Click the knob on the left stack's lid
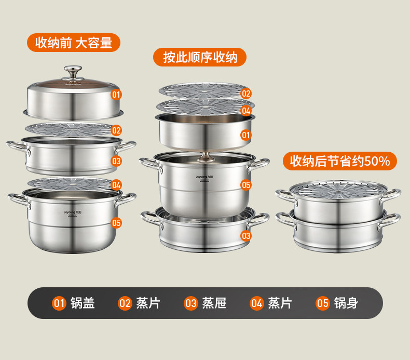coord(73,72)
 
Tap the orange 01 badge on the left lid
coord(116,95)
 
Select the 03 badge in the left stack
coord(116,161)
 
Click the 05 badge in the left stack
coord(116,223)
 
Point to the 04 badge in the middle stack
coord(246,111)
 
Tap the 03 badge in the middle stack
coord(246,236)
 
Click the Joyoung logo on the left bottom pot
coord(73,212)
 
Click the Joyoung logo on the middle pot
coord(204,177)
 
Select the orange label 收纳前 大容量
coord(74,43)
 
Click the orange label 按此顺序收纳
coord(200,57)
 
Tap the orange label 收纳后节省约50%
coord(339,161)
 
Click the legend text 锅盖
coord(83,303)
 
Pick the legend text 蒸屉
coord(214,303)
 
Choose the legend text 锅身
coord(346,303)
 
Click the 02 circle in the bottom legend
coord(125,303)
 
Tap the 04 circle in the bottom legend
coord(256,303)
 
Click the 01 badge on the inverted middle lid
coord(246,135)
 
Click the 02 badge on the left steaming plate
coord(116,130)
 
